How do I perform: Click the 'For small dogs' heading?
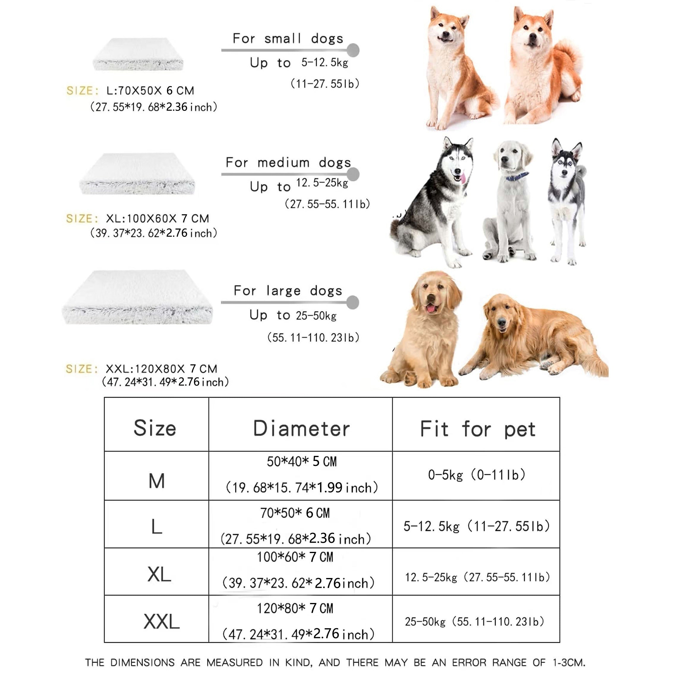(x=288, y=38)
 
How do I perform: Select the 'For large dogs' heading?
(x=288, y=291)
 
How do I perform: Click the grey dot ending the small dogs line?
(x=353, y=50)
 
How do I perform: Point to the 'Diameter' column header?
(x=301, y=429)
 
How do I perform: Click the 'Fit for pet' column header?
(x=477, y=429)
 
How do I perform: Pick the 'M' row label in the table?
(x=156, y=481)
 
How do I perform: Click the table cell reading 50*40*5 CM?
(x=301, y=462)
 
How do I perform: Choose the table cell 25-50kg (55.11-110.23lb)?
(x=475, y=621)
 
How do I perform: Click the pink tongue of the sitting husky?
(x=463, y=179)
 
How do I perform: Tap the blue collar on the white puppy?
(x=517, y=177)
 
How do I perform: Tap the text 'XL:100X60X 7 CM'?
(x=157, y=219)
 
